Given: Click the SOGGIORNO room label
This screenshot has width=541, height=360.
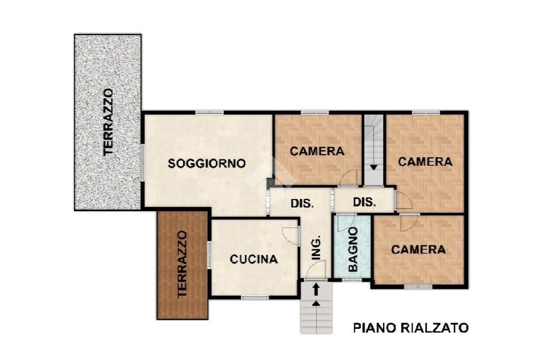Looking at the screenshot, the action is (x=207, y=163).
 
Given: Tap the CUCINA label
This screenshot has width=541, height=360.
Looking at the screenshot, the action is (x=254, y=259).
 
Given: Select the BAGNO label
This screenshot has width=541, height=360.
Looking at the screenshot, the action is (x=352, y=249).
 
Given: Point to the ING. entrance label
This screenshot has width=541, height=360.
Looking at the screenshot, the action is (x=316, y=247).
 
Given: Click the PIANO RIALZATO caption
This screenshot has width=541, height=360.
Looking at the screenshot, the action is (x=411, y=328).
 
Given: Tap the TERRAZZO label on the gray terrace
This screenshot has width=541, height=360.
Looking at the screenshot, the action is (x=108, y=122).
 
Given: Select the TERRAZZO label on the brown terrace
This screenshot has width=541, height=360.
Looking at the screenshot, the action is (x=182, y=264).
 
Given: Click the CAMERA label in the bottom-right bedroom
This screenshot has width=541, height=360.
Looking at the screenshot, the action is (x=418, y=249).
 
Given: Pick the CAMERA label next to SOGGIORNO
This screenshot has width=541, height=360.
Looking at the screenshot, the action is (x=317, y=151).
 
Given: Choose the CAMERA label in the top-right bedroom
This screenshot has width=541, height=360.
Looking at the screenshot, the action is (x=425, y=162).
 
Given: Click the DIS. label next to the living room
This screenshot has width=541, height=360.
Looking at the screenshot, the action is (x=302, y=203).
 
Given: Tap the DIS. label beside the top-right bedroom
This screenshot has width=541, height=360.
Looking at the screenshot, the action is (x=365, y=202).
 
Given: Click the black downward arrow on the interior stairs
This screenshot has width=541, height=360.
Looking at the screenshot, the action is (x=374, y=167).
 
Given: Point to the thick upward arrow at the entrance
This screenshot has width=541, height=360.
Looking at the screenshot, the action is (x=316, y=289).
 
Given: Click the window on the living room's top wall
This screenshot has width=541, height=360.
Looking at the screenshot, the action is (x=209, y=112).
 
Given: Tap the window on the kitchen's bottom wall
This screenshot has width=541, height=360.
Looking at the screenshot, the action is (x=255, y=297).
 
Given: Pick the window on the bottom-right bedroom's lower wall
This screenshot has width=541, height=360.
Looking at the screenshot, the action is (x=418, y=287).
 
